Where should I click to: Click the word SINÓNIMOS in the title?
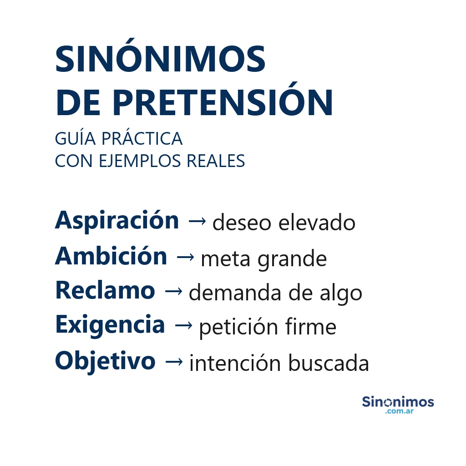[160, 60]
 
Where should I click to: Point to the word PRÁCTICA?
[142, 139]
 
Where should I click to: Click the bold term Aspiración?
[117, 221]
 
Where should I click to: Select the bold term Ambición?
[111, 257]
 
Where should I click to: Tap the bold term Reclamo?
[105, 291]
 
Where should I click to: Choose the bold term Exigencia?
[110, 325]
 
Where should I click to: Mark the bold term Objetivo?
[105, 361]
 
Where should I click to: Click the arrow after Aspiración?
[197, 222]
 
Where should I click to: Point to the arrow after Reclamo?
[173, 291]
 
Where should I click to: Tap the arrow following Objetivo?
[174, 362]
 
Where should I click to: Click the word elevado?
[317, 223]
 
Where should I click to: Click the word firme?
[311, 327]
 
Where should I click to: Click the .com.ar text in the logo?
[399, 412]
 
